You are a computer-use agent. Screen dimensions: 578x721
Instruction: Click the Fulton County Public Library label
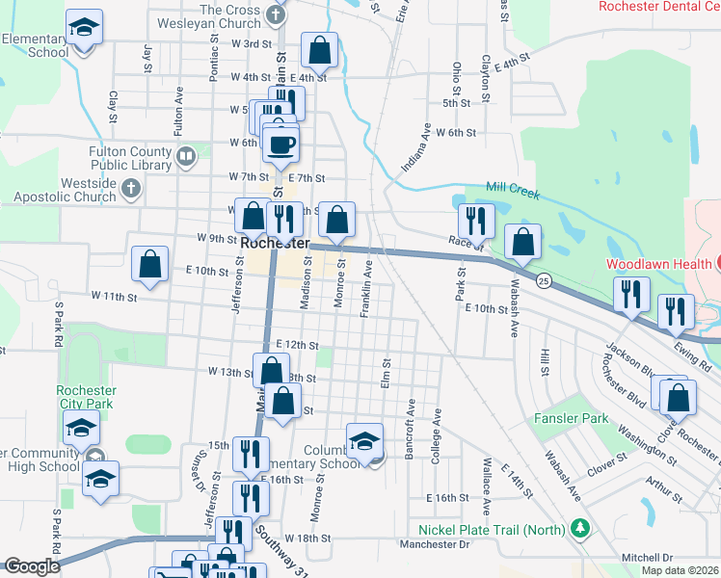coord(127,158)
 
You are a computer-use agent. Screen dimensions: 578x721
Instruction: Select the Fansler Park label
coord(572,419)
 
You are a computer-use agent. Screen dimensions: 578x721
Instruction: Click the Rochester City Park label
coord(87,398)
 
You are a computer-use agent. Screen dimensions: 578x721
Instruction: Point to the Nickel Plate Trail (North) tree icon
coord(579,528)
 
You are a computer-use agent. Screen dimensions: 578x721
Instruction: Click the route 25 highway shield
coord(545,280)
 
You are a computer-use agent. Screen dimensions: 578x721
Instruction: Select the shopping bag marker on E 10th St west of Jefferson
coord(150,264)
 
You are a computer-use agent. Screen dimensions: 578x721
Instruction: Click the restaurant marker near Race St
coord(476,221)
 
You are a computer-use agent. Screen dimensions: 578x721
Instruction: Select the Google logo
coord(32,566)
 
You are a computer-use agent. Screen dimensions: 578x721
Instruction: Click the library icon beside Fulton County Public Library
coord(185,154)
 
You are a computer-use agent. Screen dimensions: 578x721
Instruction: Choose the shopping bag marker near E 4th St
coord(319,50)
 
